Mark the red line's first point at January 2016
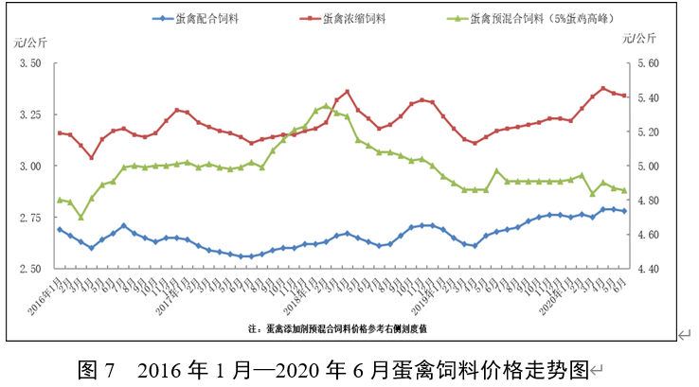click(x=60, y=133)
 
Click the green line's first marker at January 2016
click(x=60, y=200)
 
